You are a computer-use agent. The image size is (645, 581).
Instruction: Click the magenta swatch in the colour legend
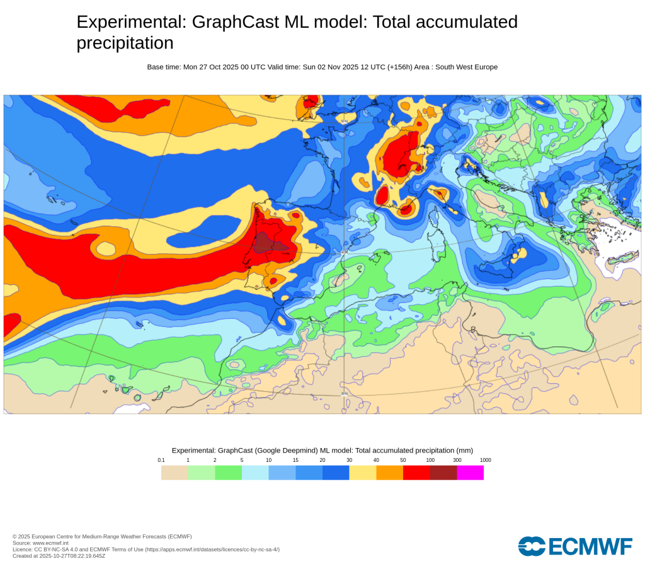[470, 473]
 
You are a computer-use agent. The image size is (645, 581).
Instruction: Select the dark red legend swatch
[443, 473]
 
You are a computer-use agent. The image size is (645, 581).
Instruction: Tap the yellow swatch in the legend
[363, 473]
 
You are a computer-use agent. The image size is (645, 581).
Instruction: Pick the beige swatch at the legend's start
[174, 473]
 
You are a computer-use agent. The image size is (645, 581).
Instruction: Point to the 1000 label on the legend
[485, 460]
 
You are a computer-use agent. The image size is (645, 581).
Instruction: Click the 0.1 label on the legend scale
[161, 460]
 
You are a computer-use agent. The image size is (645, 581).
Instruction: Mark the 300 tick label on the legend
[457, 460]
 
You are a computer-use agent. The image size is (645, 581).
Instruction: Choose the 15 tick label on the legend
[295, 460]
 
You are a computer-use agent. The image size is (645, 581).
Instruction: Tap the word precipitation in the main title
[125, 43]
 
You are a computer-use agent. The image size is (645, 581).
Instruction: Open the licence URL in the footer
[212, 549]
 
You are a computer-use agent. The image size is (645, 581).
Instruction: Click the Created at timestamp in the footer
[59, 556]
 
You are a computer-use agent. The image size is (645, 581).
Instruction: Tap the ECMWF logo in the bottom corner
[574, 546]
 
